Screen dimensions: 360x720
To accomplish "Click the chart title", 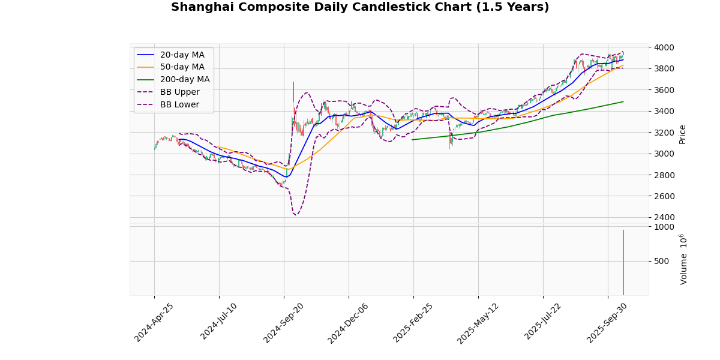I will pyautogui.click(x=360, y=7).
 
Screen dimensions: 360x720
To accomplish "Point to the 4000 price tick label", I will pyautogui.click(x=664, y=47).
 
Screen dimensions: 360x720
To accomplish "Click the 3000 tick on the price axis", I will pyautogui.click(x=664, y=154).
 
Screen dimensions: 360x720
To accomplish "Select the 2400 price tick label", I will pyautogui.click(x=664, y=217).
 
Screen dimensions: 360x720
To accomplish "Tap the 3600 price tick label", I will pyautogui.click(x=664, y=90).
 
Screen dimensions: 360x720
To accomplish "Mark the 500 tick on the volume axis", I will pyautogui.click(x=661, y=261).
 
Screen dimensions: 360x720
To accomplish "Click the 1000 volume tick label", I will pyautogui.click(x=664, y=227).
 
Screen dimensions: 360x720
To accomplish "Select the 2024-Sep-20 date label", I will pyautogui.click(x=284, y=322).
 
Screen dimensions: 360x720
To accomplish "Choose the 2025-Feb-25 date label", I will pyautogui.click(x=414, y=322).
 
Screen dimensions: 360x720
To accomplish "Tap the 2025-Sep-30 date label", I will pyautogui.click(x=608, y=322).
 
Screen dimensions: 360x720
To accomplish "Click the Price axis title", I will pyautogui.click(x=682, y=134).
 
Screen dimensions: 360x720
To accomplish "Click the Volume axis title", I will pyautogui.click(x=683, y=259).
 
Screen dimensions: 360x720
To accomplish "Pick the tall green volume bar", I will pyautogui.click(x=623, y=264).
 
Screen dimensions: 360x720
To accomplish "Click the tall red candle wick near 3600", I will pyautogui.click(x=293, y=90).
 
